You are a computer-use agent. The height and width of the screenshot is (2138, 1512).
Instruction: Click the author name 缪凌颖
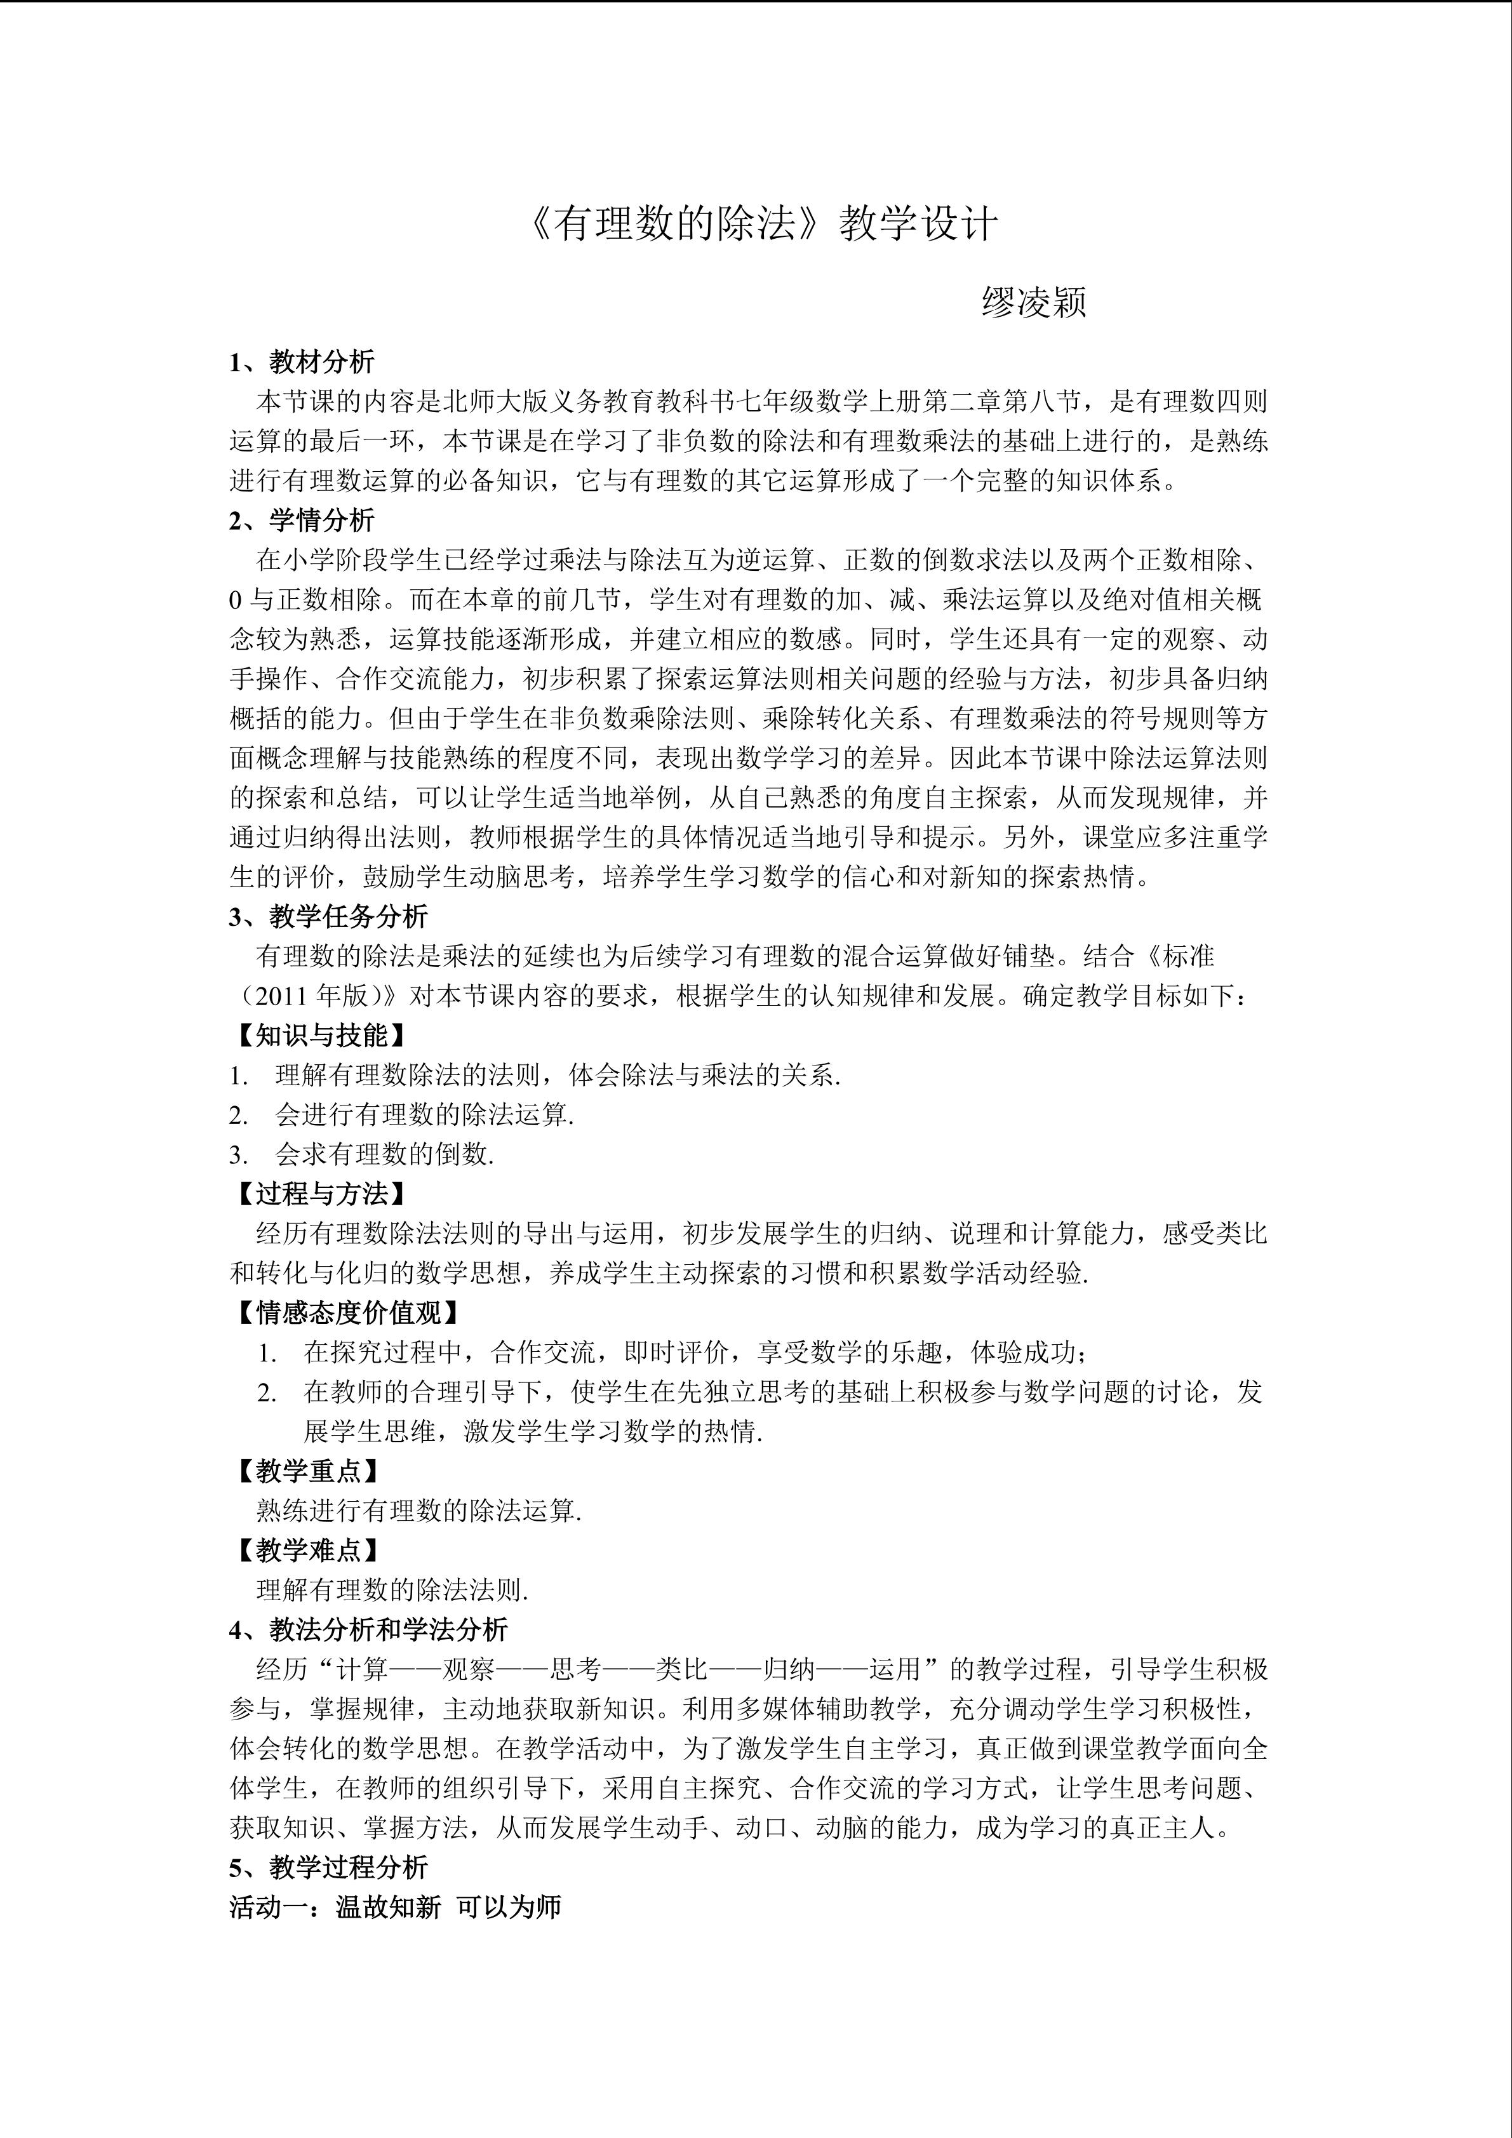(x=1033, y=304)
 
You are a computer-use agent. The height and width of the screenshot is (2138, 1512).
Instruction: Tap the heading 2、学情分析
(x=302, y=519)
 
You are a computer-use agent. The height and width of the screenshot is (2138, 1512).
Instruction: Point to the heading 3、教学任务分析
(x=329, y=916)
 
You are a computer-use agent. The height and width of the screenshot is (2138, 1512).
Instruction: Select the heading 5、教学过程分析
(x=329, y=1867)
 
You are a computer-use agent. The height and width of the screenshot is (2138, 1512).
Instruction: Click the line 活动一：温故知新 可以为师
(x=395, y=1907)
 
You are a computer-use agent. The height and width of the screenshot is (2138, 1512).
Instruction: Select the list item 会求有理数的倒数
(x=384, y=1154)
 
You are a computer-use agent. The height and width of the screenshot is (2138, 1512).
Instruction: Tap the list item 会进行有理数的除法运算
(x=424, y=1114)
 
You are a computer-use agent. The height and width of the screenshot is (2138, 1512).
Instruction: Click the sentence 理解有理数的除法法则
(x=392, y=1591)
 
